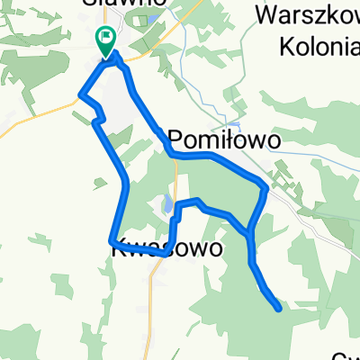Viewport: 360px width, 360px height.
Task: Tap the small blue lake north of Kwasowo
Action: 167,206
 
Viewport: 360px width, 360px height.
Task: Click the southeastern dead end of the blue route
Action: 279,308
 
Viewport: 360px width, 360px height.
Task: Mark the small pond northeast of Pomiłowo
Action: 233,123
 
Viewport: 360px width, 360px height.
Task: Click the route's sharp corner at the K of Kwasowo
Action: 112,241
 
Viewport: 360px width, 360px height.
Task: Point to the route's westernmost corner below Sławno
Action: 82,94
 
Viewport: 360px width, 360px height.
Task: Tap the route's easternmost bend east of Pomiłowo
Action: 265,189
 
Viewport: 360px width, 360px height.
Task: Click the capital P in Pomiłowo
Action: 176,140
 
